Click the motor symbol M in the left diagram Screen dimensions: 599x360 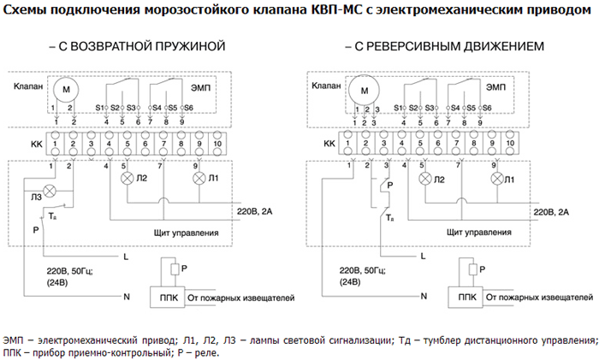click(x=66, y=90)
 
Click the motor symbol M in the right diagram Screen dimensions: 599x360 click(x=364, y=91)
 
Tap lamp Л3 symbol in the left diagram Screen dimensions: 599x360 click(x=50, y=191)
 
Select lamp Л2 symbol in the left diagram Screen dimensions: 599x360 click(x=127, y=178)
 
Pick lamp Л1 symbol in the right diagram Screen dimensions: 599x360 click(x=497, y=179)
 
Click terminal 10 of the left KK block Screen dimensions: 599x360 click(x=217, y=144)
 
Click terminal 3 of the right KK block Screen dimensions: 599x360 click(x=383, y=143)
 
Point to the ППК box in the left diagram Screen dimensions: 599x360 click(x=168, y=297)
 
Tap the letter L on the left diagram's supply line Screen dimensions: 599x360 click(x=126, y=257)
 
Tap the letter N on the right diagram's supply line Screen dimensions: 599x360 click(x=424, y=296)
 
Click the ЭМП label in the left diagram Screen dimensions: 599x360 click(x=200, y=88)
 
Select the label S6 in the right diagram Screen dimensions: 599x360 click(x=487, y=108)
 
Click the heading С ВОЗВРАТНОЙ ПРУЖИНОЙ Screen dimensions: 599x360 click(x=138, y=46)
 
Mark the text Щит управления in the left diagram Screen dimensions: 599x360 click(x=186, y=233)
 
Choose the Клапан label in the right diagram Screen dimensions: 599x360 click(x=326, y=86)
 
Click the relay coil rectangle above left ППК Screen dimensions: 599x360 click(x=175, y=269)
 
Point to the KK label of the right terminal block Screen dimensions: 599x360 click(x=329, y=144)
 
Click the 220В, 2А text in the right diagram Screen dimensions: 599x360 click(x=551, y=212)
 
